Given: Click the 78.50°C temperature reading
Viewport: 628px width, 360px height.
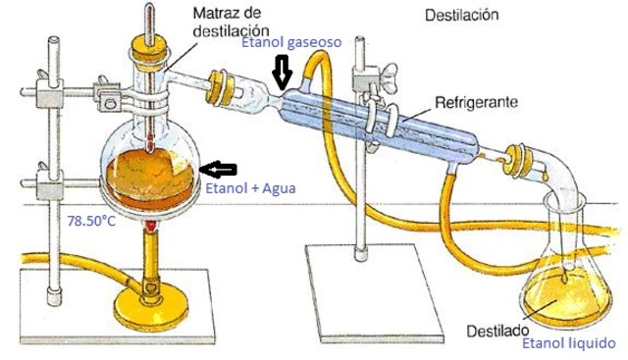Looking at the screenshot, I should (x=91, y=222).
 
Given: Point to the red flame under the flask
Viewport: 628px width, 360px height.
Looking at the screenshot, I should (x=151, y=228).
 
